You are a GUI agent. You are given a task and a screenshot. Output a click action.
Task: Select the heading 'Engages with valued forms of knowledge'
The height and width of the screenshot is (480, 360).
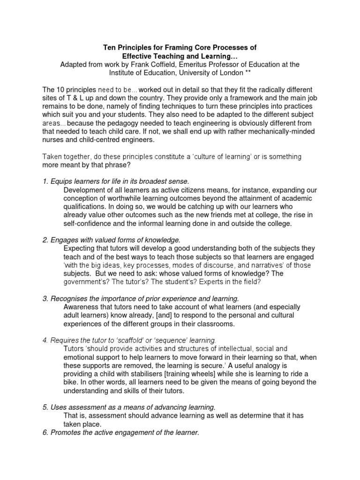click(x=112, y=240)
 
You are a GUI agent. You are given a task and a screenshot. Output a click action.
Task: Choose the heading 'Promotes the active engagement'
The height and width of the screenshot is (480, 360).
click(x=121, y=433)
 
